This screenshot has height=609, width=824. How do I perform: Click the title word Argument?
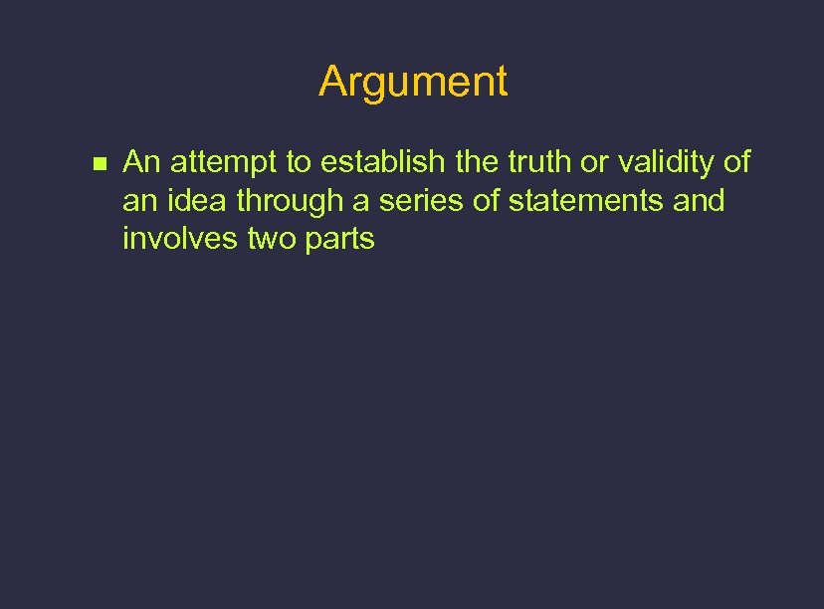point(413,82)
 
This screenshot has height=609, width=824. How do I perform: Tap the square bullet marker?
point(98,163)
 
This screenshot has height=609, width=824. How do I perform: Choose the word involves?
point(180,240)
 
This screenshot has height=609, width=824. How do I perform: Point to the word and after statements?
point(699,201)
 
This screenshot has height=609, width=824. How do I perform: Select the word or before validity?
point(593,162)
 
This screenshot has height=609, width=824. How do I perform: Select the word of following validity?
point(736,161)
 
